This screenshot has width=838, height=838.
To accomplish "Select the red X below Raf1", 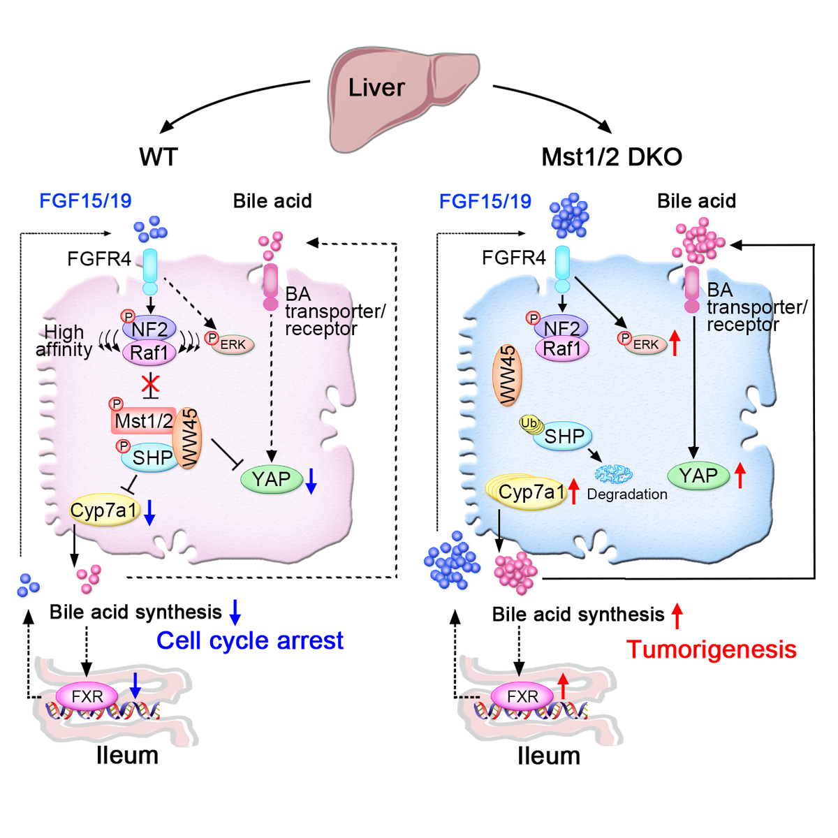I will (150, 383).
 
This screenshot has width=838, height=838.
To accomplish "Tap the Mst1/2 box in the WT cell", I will (143, 421).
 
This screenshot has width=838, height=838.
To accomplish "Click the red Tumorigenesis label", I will (711, 649).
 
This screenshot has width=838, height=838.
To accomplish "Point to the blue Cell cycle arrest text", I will (249, 640).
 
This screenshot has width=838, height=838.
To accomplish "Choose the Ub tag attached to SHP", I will (529, 423).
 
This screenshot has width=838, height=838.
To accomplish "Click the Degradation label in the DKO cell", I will (626, 494).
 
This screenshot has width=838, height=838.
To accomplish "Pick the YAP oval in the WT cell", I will (272, 479).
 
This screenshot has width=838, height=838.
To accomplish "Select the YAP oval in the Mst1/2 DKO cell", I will (698, 476).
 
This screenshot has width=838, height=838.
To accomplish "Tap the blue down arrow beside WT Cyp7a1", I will (149, 512).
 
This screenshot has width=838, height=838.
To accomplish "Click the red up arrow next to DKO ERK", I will (675, 343).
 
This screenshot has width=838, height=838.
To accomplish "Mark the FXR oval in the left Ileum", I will (87, 696).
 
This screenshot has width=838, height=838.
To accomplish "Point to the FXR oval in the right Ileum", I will (522, 696).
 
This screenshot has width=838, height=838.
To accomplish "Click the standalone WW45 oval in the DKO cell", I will (508, 375).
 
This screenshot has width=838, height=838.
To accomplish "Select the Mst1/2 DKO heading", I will (612, 156).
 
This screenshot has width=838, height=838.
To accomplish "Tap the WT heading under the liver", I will (159, 156).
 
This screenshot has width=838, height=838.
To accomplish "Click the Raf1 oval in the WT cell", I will (149, 352).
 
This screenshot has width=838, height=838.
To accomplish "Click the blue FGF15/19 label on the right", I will (485, 202).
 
